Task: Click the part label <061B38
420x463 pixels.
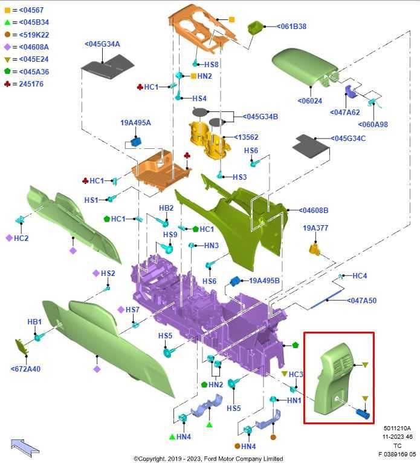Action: pyautogui.click(x=291, y=27)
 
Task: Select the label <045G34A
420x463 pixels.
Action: pyautogui.click(x=102, y=44)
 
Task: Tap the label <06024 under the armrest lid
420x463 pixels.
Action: pyautogui.click(x=310, y=101)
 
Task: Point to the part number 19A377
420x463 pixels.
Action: pyautogui.click(x=315, y=228)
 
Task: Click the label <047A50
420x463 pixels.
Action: pyautogui.click(x=361, y=301)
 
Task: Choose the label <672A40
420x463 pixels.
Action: pyautogui.click(x=25, y=369)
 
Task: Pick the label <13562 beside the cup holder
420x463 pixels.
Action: pyautogui.click(x=246, y=137)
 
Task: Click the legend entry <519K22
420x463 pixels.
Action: pyautogui.click(x=34, y=35)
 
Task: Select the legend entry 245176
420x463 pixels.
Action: pyautogui.click(x=31, y=84)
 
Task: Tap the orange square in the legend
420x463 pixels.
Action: pyautogui.click(x=7, y=10)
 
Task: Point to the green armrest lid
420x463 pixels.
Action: pyautogui.click(x=304, y=67)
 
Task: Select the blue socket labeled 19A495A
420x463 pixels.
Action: pyautogui.click(x=136, y=142)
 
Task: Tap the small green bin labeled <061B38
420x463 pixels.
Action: pyautogui.click(x=255, y=28)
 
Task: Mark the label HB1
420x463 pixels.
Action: pyautogui.click(x=34, y=322)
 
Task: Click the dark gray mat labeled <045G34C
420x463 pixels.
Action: pyautogui.click(x=311, y=146)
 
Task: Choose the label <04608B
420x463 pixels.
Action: pyautogui.click(x=313, y=211)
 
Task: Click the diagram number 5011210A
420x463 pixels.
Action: pyautogui.click(x=397, y=428)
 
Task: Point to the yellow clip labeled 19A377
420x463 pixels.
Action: pyautogui.click(x=315, y=249)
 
